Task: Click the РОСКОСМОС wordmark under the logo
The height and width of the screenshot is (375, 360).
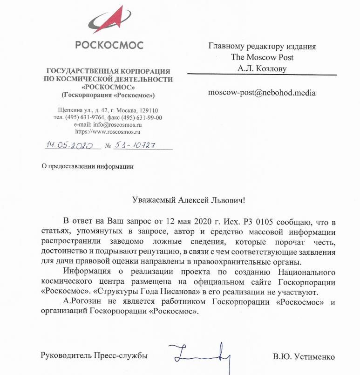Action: (x=109, y=46)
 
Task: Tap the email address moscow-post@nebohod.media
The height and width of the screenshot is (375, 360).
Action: (x=262, y=93)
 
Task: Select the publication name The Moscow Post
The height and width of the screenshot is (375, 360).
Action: (x=262, y=57)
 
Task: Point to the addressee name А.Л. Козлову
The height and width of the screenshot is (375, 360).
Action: (x=262, y=68)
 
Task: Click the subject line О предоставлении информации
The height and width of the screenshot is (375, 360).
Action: (x=88, y=166)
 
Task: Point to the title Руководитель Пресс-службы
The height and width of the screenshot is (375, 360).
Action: (x=95, y=355)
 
